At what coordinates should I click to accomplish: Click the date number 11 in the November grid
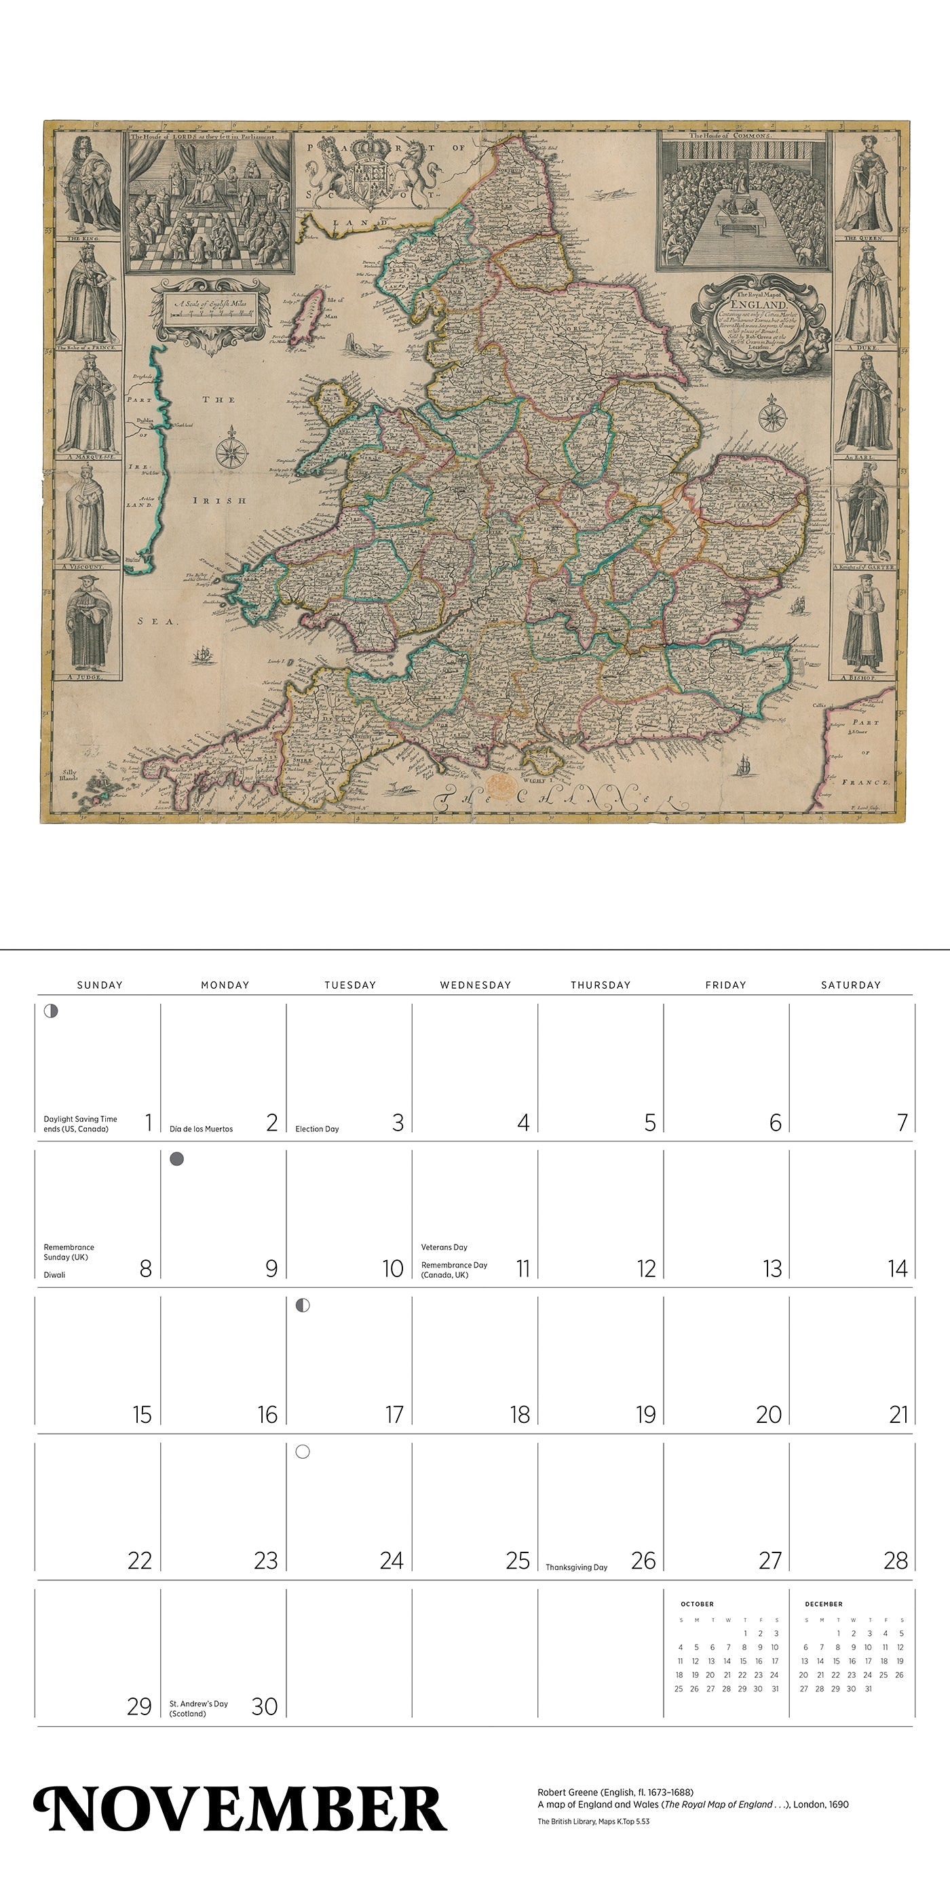click(x=522, y=1269)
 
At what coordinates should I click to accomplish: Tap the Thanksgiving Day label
click(x=576, y=1567)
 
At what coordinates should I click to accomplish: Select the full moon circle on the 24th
click(x=303, y=1452)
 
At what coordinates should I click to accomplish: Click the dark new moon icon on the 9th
click(x=177, y=1160)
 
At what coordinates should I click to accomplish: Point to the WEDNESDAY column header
click(x=475, y=985)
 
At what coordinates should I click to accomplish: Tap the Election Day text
click(x=317, y=1129)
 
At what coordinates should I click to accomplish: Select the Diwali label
click(x=54, y=1274)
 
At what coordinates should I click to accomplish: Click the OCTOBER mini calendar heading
click(x=697, y=1604)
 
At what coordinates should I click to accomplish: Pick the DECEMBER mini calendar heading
click(x=823, y=1604)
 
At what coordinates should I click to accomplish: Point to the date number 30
click(x=264, y=1706)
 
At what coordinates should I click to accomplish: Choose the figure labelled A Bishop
click(x=863, y=627)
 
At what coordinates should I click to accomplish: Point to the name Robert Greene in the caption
click(x=567, y=1792)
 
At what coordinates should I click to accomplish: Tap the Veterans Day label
click(x=444, y=1247)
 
